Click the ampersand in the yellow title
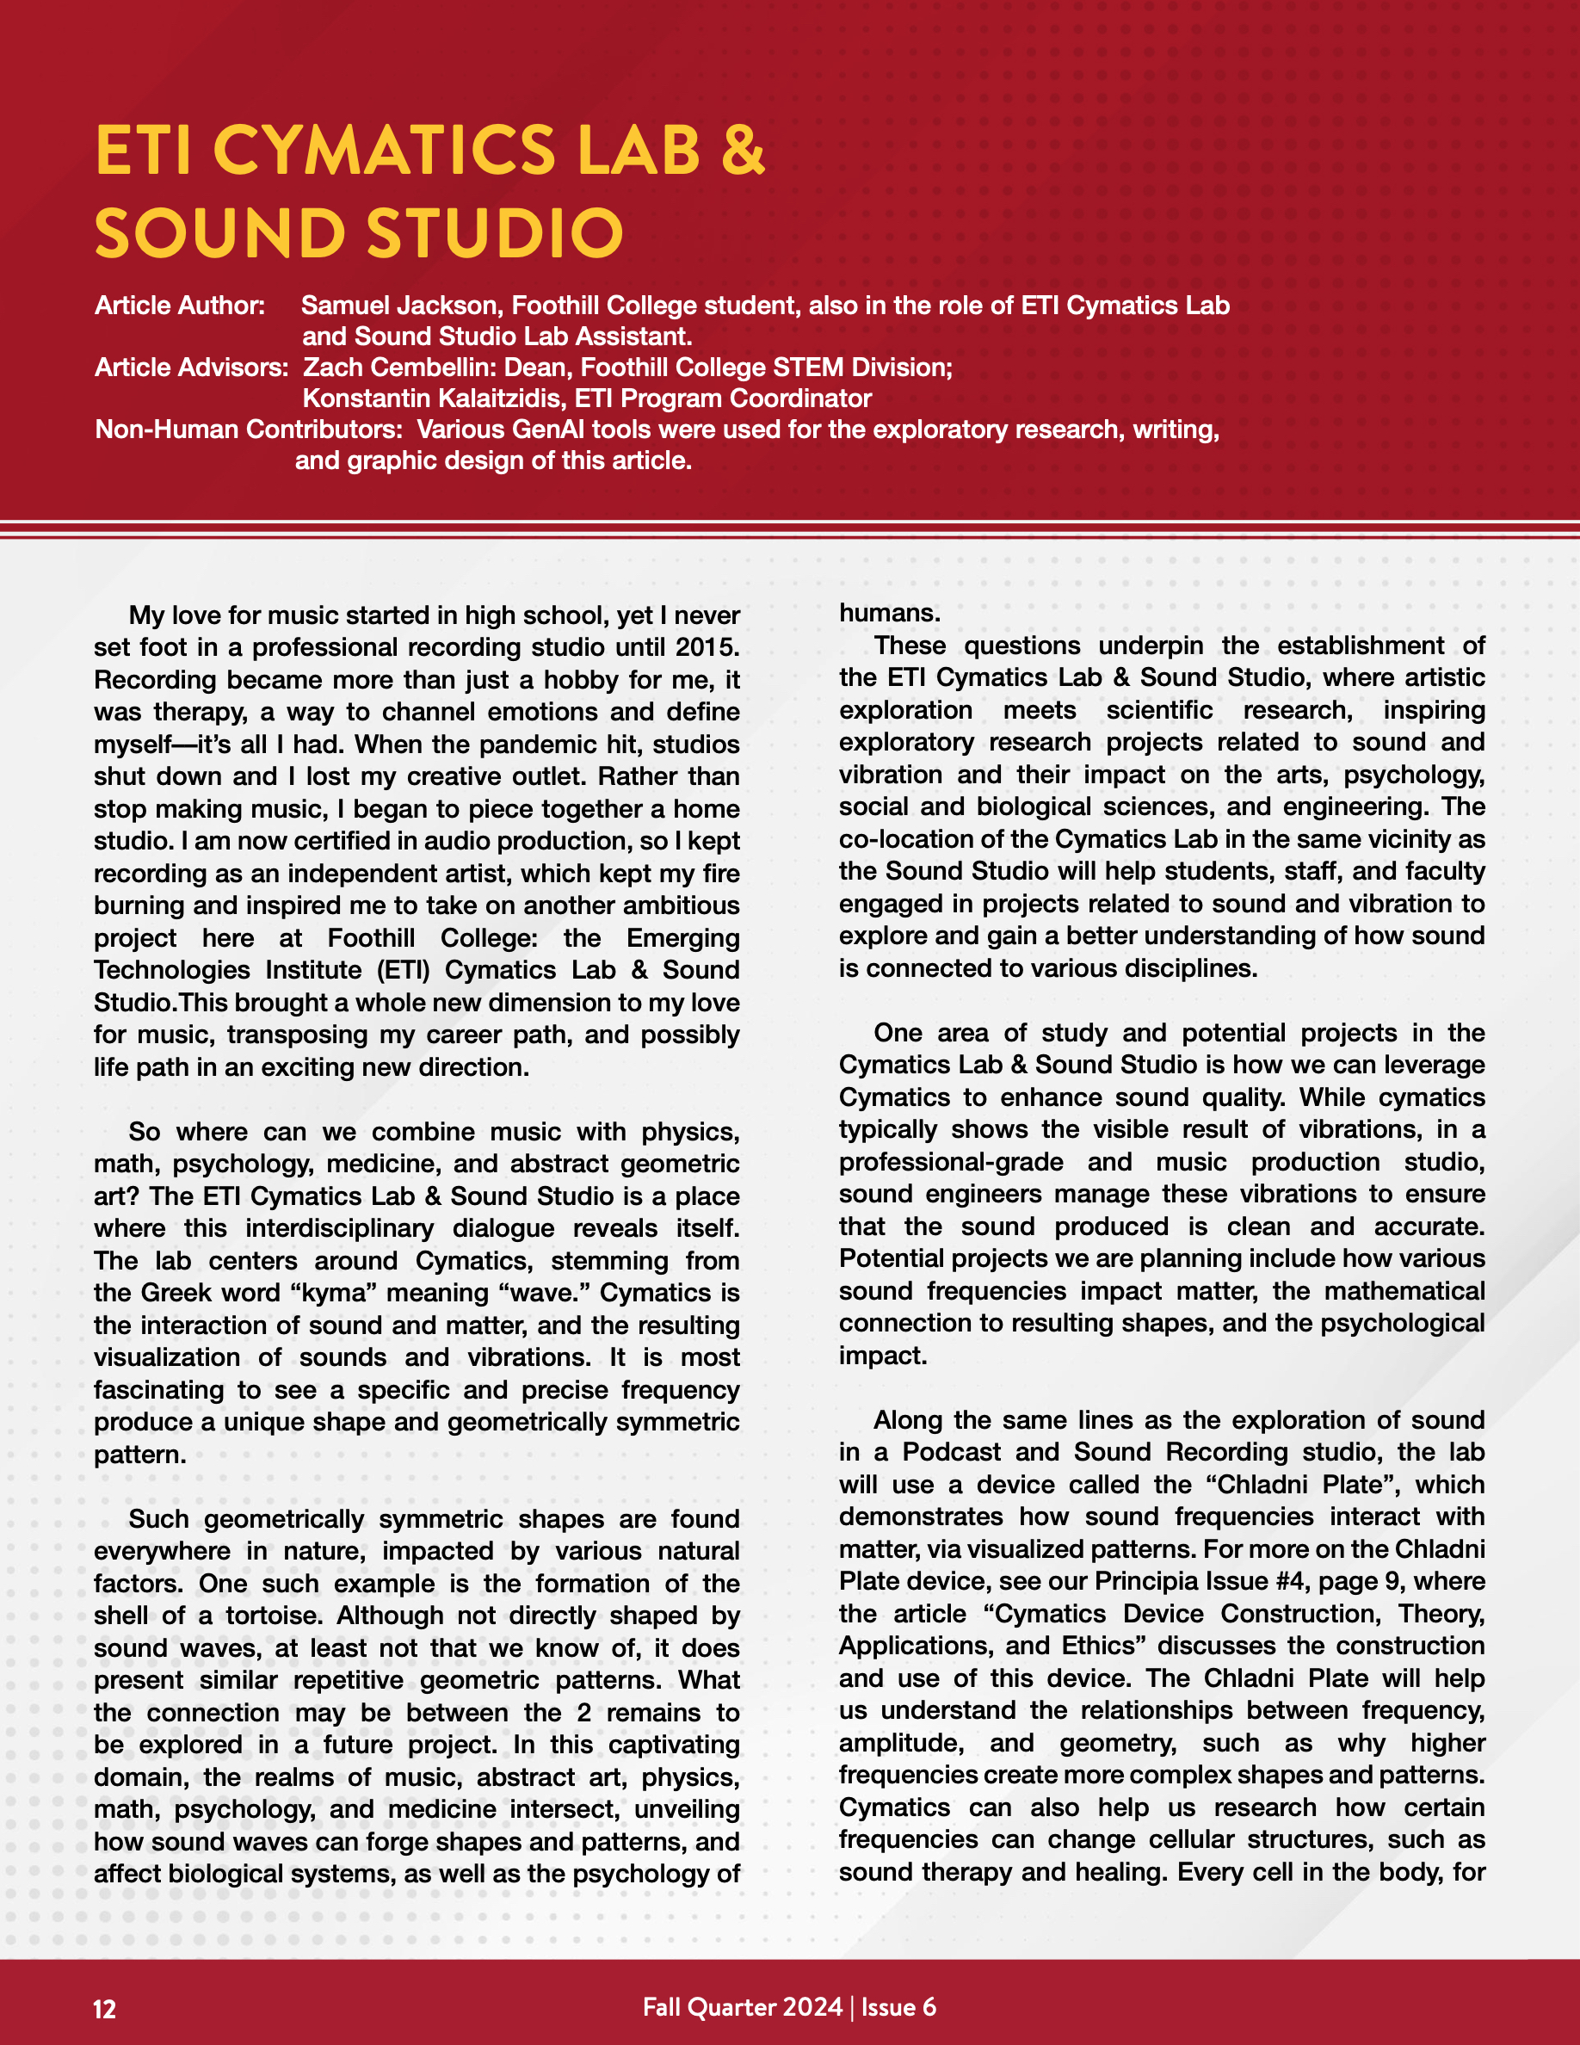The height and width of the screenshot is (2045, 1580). coord(744,150)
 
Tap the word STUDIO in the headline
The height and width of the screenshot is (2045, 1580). coord(495,233)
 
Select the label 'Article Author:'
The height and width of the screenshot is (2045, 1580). coord(180,306)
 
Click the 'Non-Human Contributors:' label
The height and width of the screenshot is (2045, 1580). coord(249,429)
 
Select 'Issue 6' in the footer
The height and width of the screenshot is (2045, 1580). coord(898,2006)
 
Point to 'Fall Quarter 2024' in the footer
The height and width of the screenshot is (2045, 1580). coord(743,2006)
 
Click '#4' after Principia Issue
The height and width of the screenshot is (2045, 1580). coord(1291,1581)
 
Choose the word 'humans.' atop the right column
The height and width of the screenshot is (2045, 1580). coord(889,614)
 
